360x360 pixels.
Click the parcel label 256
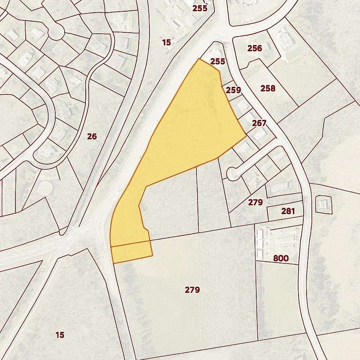(255, 48)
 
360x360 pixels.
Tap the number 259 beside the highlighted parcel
(233, 90)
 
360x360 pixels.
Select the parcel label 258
(268, 88)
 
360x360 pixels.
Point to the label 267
(259, 123)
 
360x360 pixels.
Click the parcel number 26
(92, 136)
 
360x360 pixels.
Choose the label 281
(288, 211)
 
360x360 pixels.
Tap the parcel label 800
(281, 258)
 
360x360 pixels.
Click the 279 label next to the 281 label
(255, 202)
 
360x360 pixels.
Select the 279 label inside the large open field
(192, 290)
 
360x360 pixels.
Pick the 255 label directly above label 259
(217, 61)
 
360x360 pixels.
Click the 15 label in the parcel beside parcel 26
(166, 43)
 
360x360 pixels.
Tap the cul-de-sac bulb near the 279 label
(232, 174)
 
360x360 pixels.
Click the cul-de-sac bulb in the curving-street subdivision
(56, 31)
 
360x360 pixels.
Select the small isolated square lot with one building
(323, 204)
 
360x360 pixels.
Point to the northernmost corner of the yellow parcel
(199, 59)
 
